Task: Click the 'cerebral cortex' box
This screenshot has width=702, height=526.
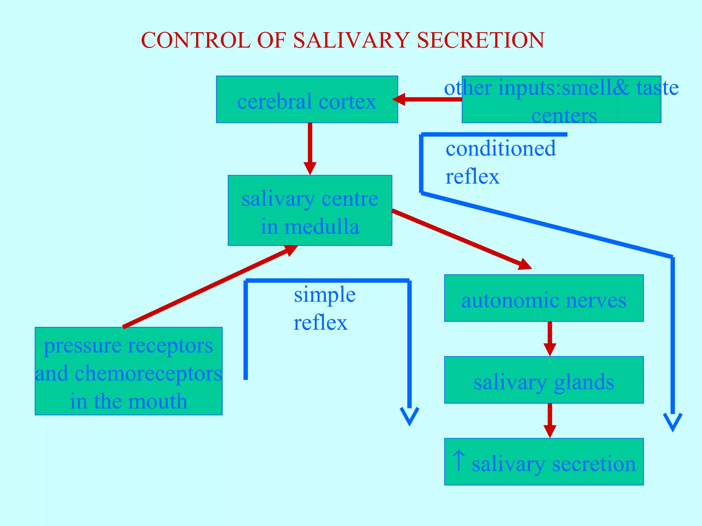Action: [x=307, y=100]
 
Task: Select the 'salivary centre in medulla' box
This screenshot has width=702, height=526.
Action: [x=310, y=210]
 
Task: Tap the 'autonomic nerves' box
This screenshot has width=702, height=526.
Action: [x=544, y=298]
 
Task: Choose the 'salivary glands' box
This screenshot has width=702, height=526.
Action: [x=544, y=380]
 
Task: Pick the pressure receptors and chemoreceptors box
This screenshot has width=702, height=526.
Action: [x=129, y=371]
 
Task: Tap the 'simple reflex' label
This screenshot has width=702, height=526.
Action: [x=324, y=308]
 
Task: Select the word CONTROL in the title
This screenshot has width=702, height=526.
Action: [x=196, y=40]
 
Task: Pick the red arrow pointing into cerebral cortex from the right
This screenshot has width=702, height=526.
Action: [x=428, y=99]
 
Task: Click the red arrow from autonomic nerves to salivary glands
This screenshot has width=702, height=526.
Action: [x=550, y=339]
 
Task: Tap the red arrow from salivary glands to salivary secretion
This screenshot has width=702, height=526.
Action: [x=550, y=421]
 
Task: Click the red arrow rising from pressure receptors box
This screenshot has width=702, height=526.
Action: [x=209, y=286]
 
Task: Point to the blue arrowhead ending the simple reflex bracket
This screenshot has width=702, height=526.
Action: [x=410, y=416]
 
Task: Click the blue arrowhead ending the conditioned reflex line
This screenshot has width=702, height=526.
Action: [x=673, y=422]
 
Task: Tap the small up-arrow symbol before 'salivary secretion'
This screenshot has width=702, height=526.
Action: [x=459, y=461]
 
